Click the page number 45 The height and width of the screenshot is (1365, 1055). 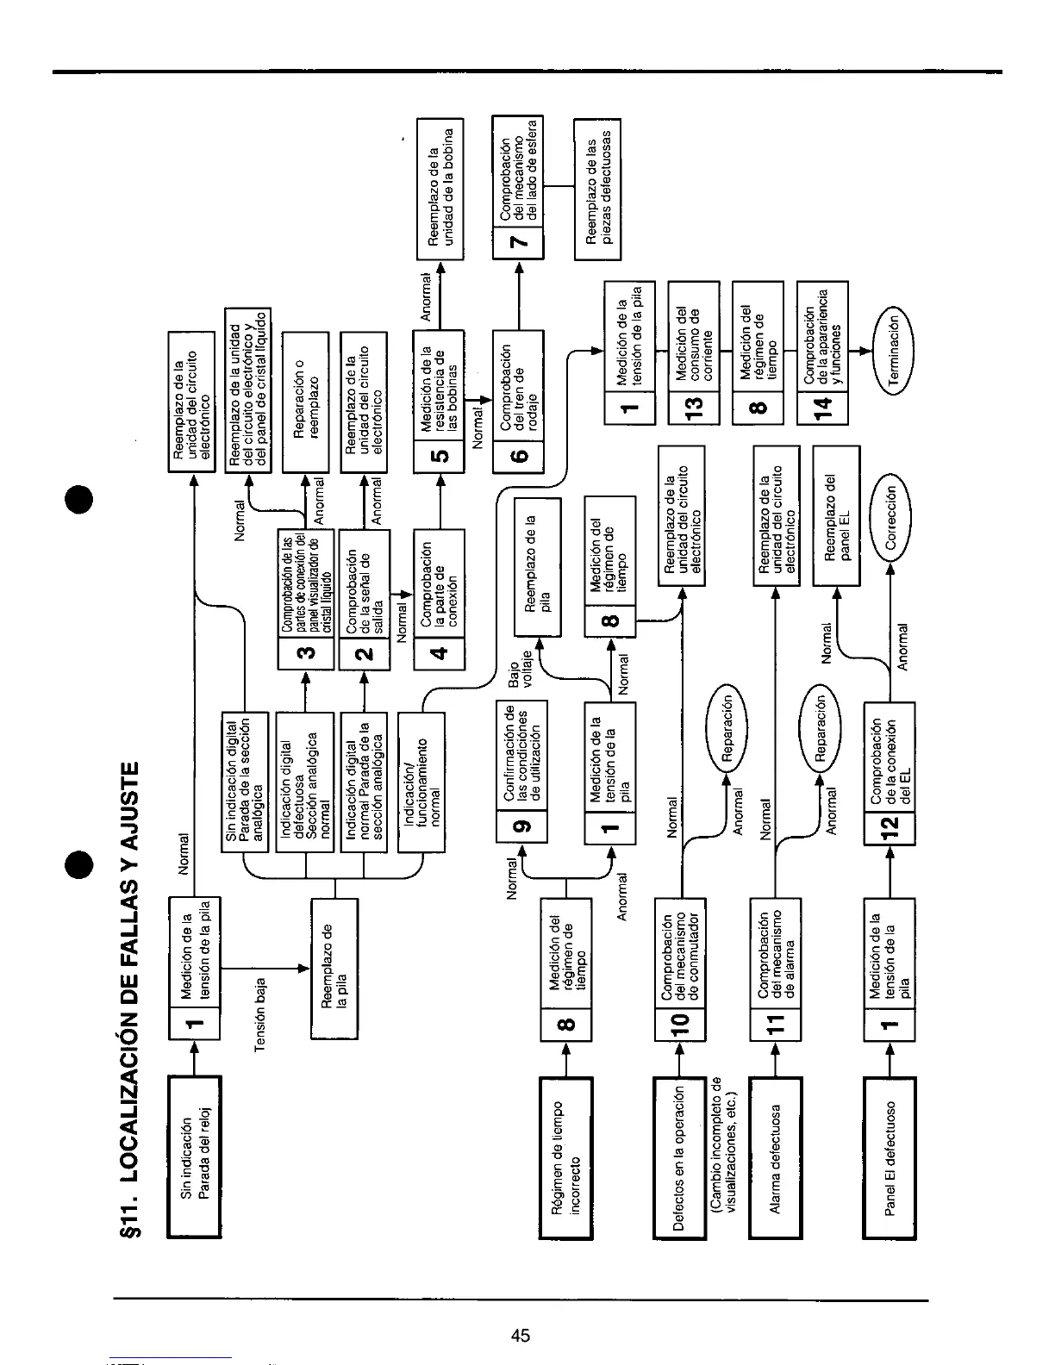520,1337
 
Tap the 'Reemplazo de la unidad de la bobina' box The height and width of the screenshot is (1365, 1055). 440,188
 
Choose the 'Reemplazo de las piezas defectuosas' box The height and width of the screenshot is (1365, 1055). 597,188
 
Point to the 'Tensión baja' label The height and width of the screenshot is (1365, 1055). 261,1013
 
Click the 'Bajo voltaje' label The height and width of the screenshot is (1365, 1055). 521,677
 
